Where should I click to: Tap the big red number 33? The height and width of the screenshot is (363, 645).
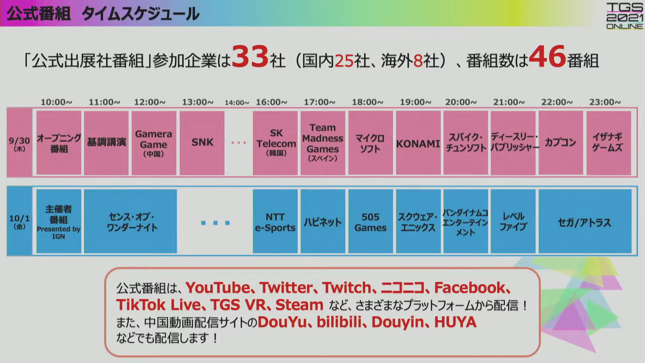point(250,56)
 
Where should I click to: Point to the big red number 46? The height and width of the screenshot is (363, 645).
point(548,56)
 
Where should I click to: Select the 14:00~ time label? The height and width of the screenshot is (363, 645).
point(237,103)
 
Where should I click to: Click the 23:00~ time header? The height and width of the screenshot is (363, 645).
point(605,102)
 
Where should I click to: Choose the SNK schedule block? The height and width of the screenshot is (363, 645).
point(202,143)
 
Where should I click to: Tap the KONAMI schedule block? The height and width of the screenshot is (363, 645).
point(418,143)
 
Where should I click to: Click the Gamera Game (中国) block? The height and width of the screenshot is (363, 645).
point(154,143)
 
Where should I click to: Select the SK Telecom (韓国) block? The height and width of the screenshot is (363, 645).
point(275,143)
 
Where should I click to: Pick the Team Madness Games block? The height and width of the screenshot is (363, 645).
point(323,143)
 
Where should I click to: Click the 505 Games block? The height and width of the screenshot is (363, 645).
point(371,221)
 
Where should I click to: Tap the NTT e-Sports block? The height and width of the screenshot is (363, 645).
point(275,221)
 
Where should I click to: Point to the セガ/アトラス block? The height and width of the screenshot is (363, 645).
point(585,221)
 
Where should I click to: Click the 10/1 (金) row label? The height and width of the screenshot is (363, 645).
point(19,221)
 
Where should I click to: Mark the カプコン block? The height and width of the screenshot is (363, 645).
point(561,143)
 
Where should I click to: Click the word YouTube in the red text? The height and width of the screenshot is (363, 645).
point(218,288)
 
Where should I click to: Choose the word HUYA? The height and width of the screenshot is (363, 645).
point(455,322)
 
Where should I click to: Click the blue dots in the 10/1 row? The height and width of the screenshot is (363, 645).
point(215,223)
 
